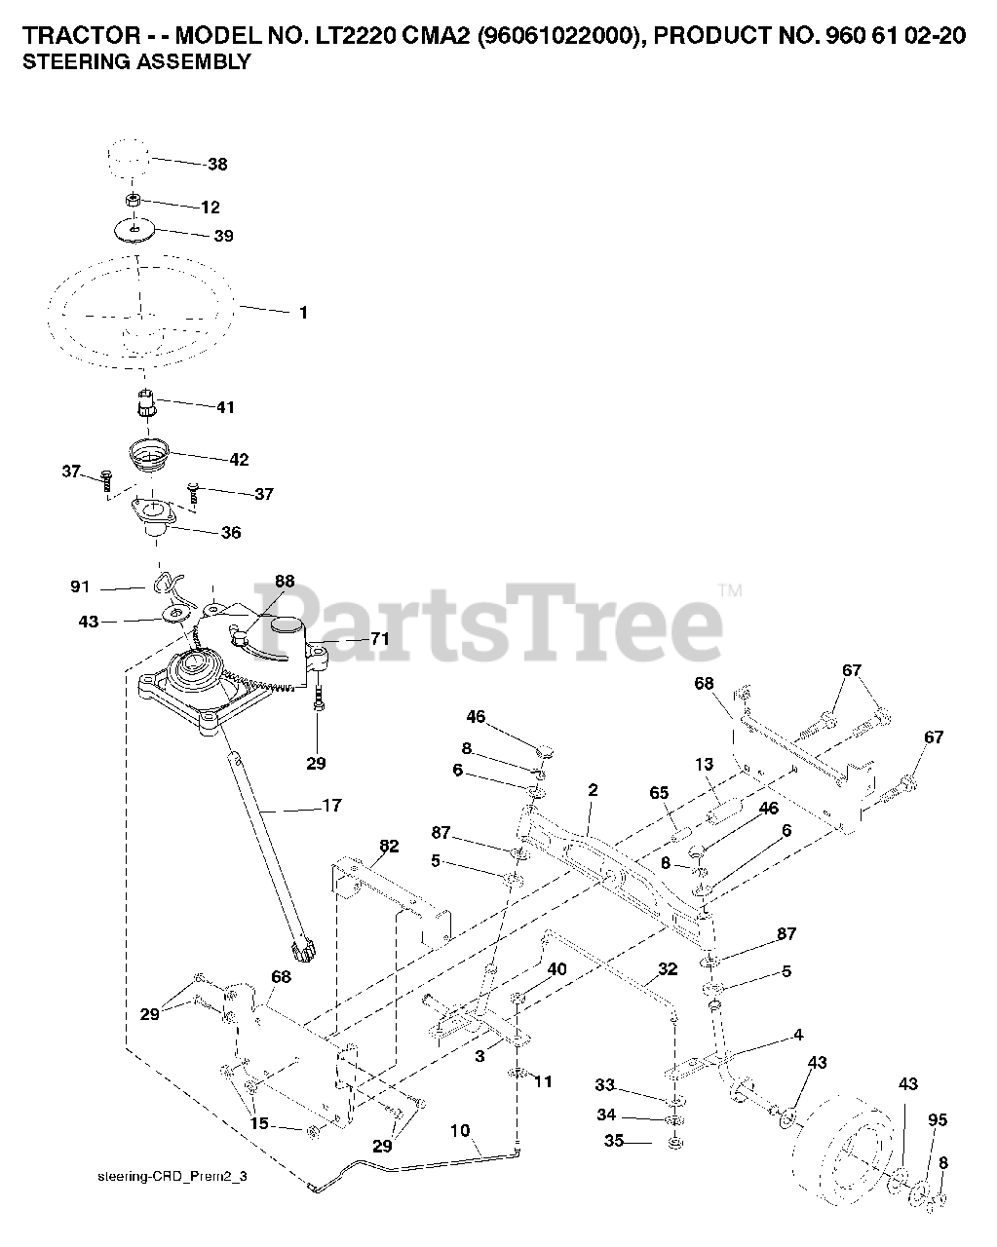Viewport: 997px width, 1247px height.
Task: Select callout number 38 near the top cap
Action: [x=217, y=165]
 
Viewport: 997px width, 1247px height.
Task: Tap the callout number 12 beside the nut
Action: [x=211, y=208]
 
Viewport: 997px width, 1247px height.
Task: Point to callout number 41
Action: [x=225, y=407]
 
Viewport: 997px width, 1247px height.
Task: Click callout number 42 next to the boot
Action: [x=239, y=459]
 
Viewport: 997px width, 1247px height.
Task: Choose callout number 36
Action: [x=231, y=533]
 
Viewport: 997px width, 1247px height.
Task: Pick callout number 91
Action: [x=80, y=586]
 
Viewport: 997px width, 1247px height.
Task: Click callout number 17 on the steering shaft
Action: [x=332, y=806]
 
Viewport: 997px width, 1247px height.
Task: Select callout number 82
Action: [x=389, y=847]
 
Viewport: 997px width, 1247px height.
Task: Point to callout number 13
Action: [x=705, y=765]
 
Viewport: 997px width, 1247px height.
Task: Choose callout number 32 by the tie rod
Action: [x=668, y=969]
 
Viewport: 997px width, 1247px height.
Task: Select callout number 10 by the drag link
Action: [x=460, y=1130]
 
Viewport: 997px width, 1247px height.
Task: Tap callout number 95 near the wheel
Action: [x=937, y=1120]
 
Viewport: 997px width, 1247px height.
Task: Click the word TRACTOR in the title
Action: [x=65, y=37]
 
